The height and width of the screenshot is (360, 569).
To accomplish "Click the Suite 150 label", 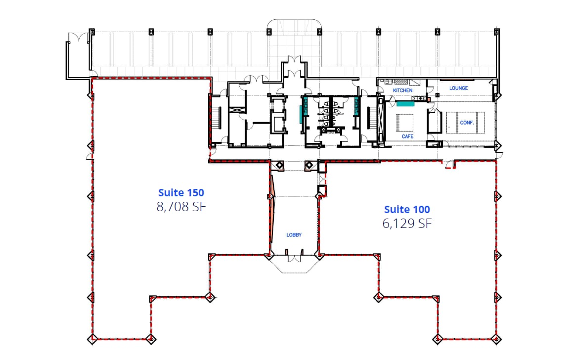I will point(181,192).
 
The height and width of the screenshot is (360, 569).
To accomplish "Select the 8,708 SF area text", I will point(181,207).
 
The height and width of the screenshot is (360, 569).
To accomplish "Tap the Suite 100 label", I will point(407,209).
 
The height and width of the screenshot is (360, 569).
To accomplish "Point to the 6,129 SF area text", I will point(407,224).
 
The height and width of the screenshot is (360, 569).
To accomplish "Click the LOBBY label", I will point(294,235).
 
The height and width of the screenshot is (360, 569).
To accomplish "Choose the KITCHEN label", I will point(402,90).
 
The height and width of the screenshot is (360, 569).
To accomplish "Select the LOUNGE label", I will point(458,88).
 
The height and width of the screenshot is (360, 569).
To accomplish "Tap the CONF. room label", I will point(466,122).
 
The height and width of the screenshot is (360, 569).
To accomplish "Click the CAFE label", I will point(407,136).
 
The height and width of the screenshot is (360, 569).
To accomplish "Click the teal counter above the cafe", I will point(405,104).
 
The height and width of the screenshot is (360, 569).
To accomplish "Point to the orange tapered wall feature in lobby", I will point(271,208).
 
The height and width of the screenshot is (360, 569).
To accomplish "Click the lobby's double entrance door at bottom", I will point(294,257).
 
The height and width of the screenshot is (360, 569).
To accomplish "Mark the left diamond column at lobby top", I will point(278,165).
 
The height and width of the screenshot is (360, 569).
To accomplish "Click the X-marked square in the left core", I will point(237,104).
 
